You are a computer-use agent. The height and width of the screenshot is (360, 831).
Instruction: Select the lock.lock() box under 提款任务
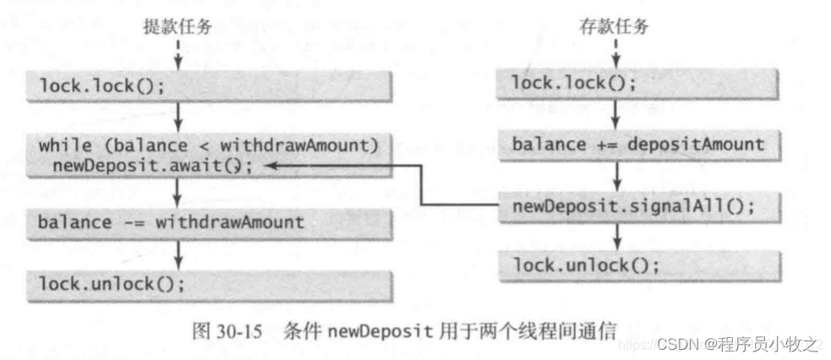(x=211, y=85)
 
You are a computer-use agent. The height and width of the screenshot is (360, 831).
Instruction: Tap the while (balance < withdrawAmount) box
(x=211, y=154)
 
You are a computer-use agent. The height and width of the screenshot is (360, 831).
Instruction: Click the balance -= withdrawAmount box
(x=211, y=223)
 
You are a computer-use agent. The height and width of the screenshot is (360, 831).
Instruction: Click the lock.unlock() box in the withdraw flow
(x=211, y=283)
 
